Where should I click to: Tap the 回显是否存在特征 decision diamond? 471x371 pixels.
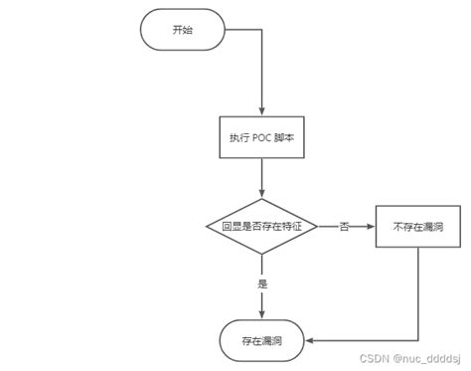tap(261, 227)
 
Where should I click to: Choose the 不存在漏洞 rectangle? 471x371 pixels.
tap(416, 227)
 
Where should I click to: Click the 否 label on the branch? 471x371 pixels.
tap(344, 228)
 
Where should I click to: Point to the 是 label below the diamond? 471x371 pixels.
tap(262, 283)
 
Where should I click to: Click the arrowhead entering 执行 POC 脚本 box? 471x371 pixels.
tap(261, 114)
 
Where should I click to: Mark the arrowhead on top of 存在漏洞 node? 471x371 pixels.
tap(261, 315)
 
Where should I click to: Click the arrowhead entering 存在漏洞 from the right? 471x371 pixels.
tap(310, 340)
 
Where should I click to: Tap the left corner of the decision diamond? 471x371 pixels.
tap(207, 227)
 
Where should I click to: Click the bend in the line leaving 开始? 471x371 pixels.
tap(261, 31)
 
